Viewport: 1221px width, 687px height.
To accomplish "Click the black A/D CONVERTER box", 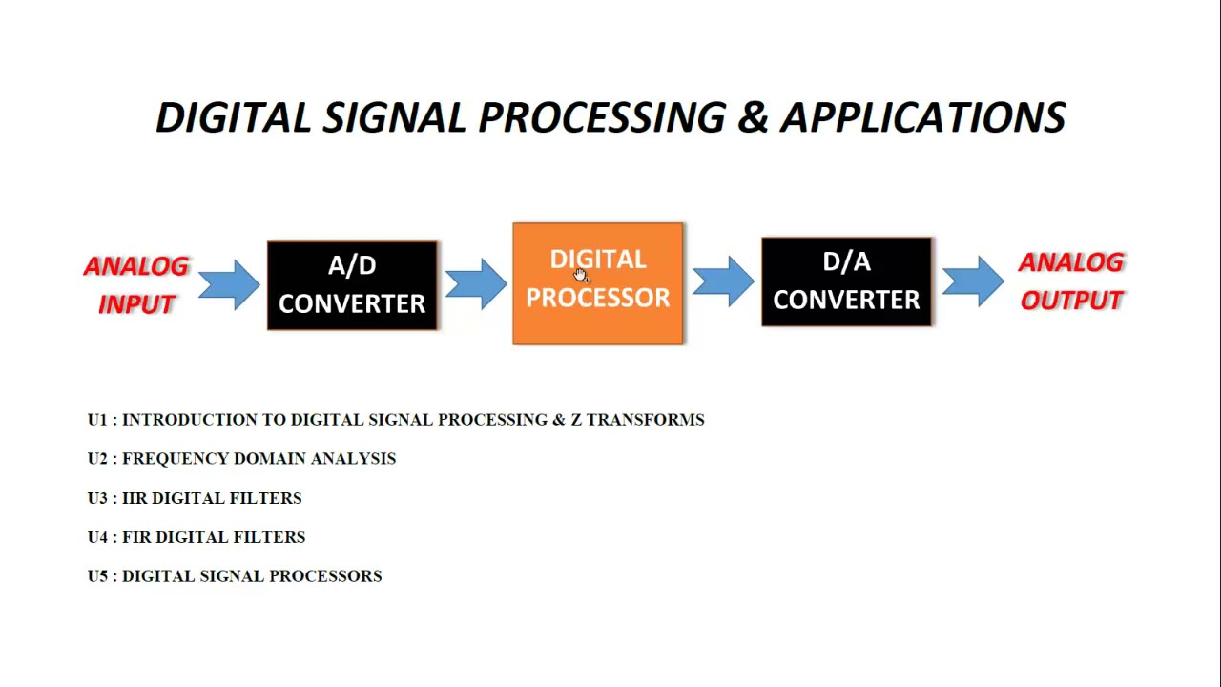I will [352, 285].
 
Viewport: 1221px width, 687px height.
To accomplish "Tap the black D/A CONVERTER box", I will [846, 282].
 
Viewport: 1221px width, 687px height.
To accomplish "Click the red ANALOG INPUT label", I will [136, 284].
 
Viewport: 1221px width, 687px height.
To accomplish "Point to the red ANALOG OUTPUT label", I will [1071, 281].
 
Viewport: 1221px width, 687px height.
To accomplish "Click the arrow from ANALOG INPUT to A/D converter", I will [229, 284].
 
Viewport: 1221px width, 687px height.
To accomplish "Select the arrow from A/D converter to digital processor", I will [475, 283].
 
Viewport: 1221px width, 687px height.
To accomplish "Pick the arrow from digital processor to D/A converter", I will [722, 281].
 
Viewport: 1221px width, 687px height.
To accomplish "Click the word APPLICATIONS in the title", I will [922, 117].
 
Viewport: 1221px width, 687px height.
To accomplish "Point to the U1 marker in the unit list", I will [97, 420].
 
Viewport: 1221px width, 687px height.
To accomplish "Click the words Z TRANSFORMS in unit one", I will [637, 420].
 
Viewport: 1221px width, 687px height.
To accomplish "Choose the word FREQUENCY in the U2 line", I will [176, 459].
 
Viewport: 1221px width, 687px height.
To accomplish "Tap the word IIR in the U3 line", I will [135, 498].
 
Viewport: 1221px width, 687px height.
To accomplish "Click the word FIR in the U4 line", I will [136, 537].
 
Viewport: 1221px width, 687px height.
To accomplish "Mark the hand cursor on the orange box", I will [581, 275].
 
